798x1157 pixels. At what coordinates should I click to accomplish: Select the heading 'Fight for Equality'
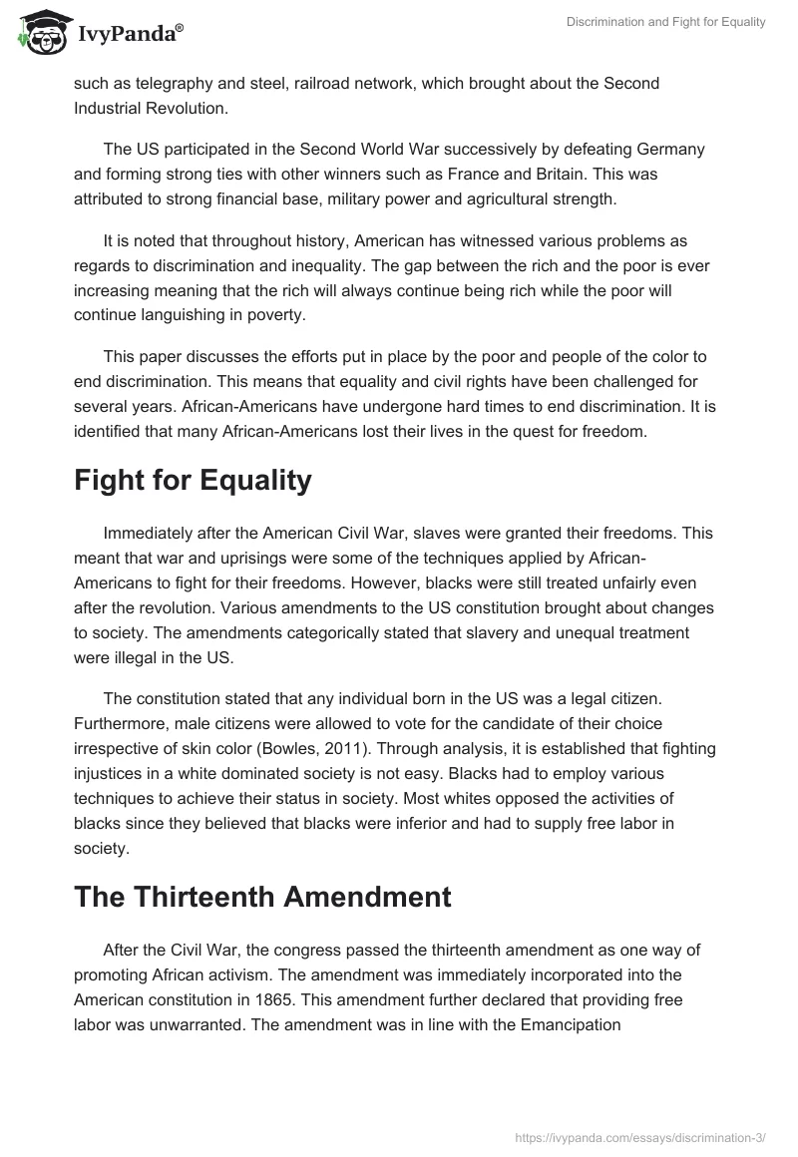pyautogui.click(x=193, y=480)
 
